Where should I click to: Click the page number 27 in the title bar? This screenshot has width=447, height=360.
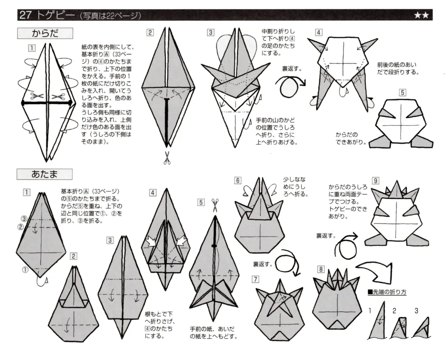click(25, 15)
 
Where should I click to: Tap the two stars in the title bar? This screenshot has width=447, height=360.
click(421, 15)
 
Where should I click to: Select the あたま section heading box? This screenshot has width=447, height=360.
click(45, 174)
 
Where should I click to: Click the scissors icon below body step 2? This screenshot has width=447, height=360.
click(166, 158)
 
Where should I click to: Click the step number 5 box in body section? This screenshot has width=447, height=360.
click(402, 93)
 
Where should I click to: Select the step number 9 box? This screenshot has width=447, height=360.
click(375, 180)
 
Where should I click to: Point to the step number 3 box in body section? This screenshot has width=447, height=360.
click(211, 32)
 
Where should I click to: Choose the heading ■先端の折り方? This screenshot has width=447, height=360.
click(387, 292)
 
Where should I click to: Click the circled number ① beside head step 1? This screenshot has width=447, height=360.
click(25, 270)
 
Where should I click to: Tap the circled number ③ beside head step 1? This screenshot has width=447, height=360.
click(25, 218)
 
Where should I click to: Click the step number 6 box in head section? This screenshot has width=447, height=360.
click(237, 180)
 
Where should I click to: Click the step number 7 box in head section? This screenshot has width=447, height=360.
click(255, 279)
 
